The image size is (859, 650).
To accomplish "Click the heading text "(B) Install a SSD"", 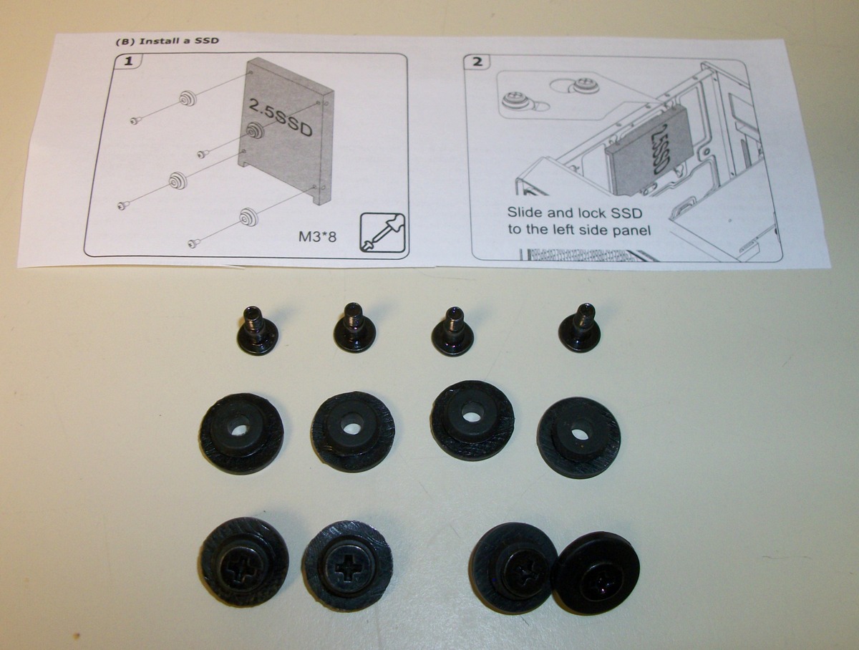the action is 167,41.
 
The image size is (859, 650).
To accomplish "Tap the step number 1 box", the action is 128,62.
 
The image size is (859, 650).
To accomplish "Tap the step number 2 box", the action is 477,62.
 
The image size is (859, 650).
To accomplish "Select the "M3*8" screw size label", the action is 317,237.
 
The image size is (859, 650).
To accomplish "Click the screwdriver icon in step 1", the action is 383,233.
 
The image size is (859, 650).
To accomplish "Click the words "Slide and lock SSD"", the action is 575,213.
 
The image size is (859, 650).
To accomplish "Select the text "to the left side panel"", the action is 579,230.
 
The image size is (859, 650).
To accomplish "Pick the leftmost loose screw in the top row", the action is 259,329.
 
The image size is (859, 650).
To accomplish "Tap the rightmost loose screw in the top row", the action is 580,327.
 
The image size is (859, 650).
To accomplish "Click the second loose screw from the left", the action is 355,327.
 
